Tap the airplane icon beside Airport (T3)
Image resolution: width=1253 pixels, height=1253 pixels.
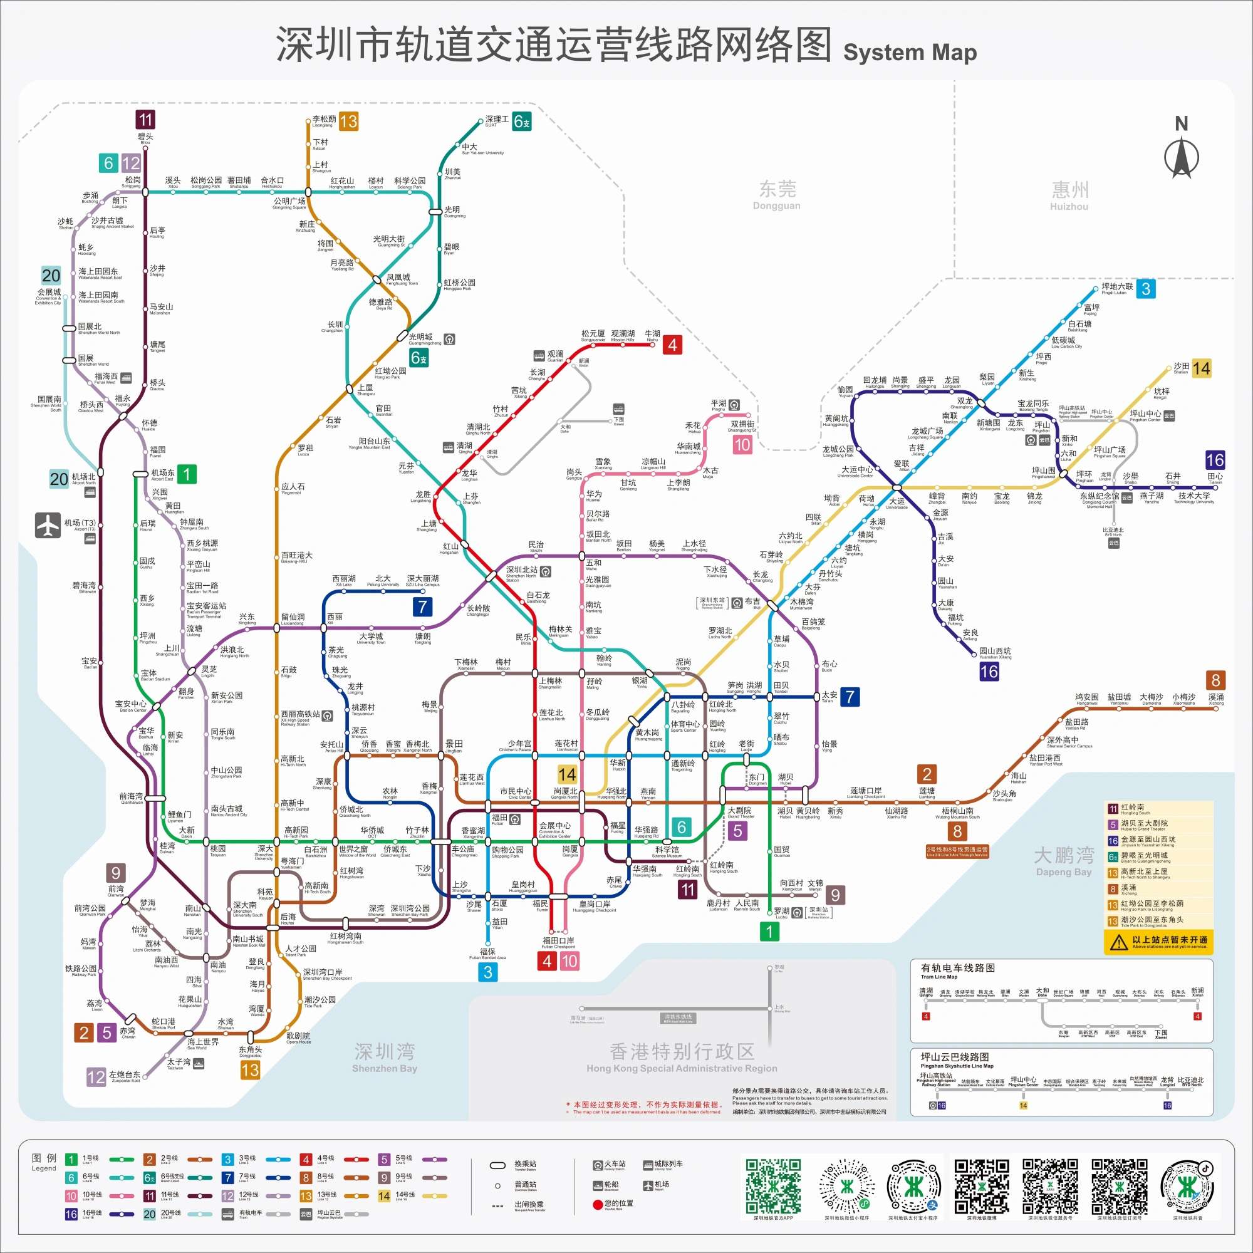click(48, 526)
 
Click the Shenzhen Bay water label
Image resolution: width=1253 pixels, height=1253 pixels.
click(385, 1056)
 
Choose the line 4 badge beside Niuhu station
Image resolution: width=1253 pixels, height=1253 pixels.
click(672, 345)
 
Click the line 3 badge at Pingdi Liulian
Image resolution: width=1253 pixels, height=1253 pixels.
click(1146, 289)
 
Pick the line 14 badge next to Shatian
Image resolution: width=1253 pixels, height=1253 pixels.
click(1201, 368)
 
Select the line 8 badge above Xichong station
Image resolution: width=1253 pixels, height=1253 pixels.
click(1215, 680)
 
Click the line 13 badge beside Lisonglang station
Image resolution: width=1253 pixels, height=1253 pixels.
click(348, 122)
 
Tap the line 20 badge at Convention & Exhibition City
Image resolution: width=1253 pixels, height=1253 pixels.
click(51, 275)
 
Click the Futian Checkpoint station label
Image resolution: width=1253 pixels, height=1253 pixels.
click(558, 942)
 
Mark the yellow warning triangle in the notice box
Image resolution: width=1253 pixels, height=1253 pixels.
click(1118, 942)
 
